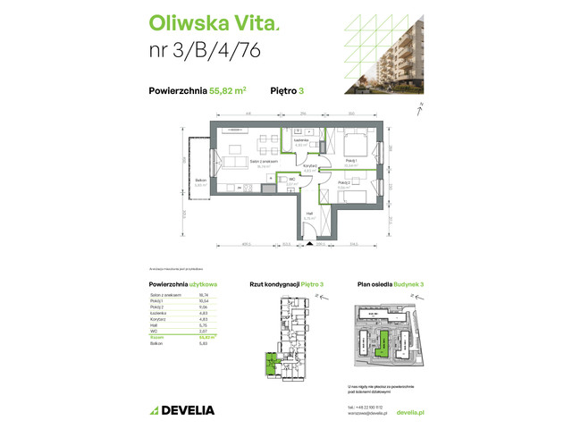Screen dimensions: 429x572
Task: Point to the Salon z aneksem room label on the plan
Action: (265, 161)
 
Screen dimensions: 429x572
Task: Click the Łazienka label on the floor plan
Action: (302, 140)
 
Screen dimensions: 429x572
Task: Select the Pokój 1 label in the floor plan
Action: (351, 161)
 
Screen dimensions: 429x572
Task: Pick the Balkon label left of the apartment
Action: (200, 181)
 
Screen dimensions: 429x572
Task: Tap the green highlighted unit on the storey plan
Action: (269, 361)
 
